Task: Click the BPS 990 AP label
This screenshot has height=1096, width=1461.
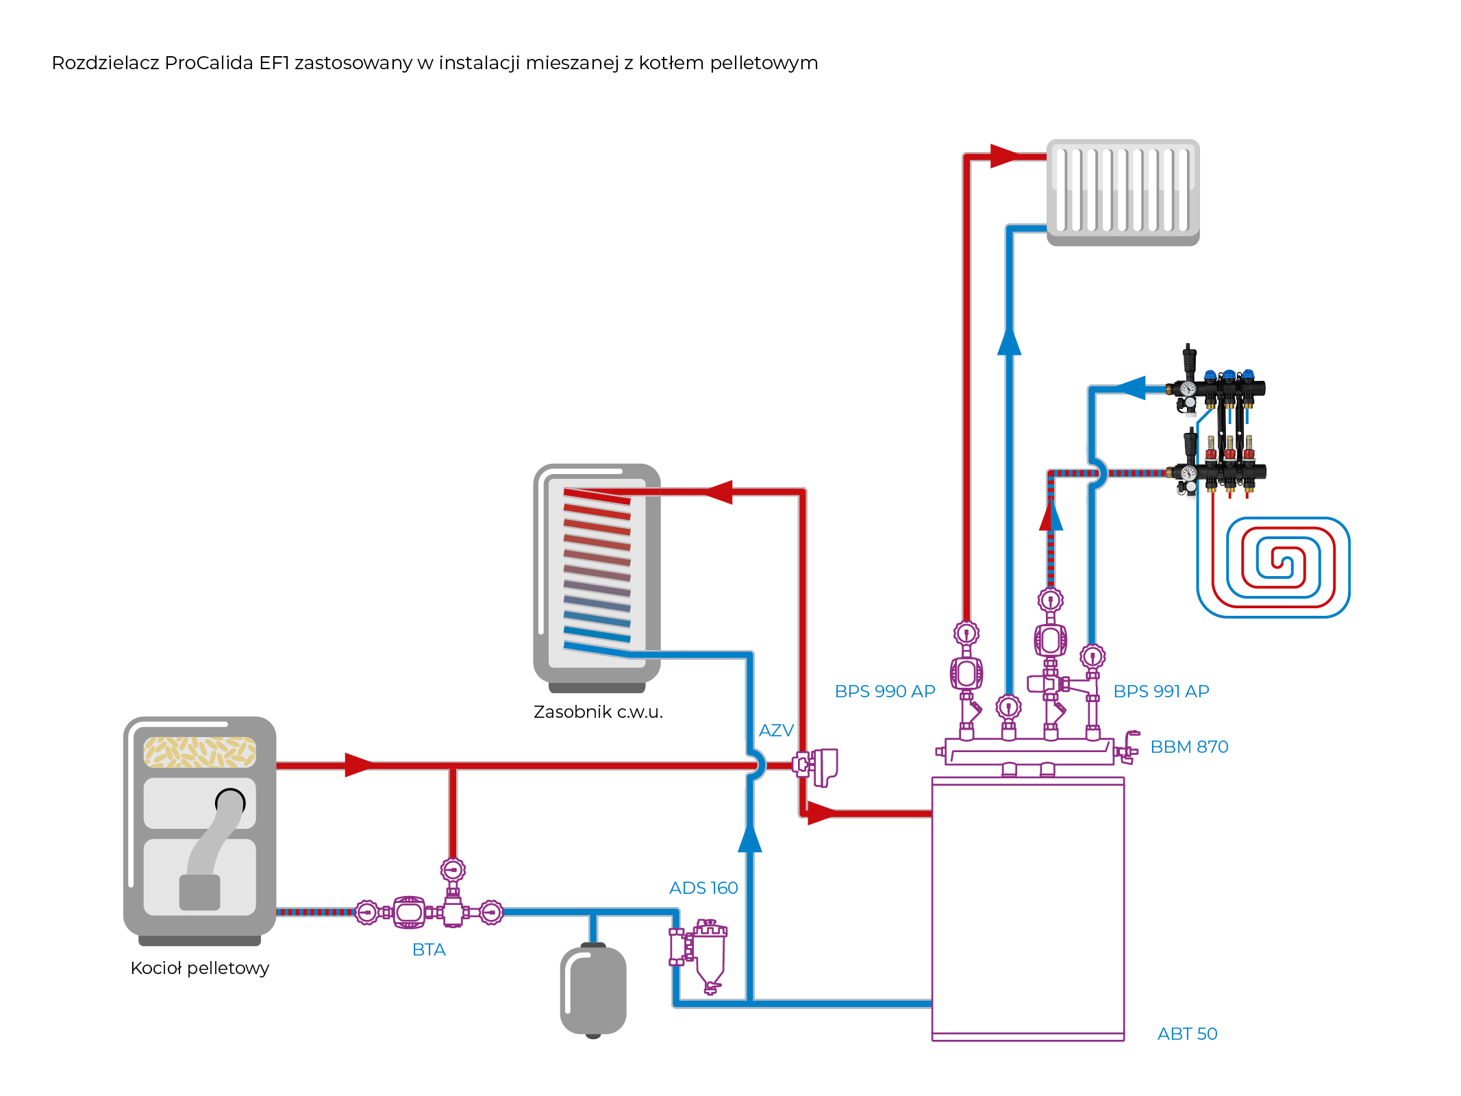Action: (884, 691)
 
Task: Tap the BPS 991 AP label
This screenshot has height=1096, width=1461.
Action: (1161, 691)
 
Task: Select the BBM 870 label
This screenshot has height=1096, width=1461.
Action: (1189, 747)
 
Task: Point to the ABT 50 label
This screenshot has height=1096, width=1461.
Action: (1187, 1034)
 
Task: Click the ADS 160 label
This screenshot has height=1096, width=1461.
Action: (703, 888)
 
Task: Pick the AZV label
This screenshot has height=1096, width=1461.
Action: (776, 730)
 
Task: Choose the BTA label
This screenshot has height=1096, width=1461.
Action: (429, 949)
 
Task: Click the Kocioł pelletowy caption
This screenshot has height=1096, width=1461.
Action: (199, 968)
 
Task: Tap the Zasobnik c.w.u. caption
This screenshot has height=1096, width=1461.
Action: (598, 712)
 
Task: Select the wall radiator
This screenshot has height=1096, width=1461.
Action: (1123, 192)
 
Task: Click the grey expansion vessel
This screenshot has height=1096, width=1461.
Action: (593, 990)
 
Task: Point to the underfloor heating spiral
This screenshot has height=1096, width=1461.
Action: (1274, 567)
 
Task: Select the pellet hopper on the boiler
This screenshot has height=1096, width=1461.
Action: (199, 751)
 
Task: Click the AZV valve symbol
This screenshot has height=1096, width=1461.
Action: (816, 766)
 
